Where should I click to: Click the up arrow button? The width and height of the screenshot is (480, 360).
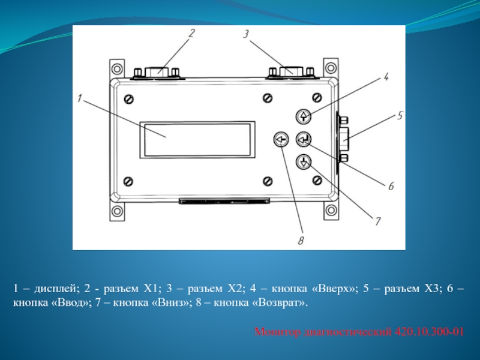click(304, 116)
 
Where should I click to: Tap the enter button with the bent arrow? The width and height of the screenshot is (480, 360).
click(304, 139)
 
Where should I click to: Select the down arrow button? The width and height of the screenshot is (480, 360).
click(304, 162)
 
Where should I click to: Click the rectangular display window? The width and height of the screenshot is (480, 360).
click(197, 140)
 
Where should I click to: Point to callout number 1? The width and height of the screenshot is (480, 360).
click(80, 98)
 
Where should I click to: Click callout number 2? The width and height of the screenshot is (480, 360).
click(191, 33)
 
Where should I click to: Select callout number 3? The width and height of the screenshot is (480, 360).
click(246, 34)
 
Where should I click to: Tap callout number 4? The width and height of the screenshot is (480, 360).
click(386, 77)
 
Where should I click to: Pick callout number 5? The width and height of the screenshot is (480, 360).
click(400, 116)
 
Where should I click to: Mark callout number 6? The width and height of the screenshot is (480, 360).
click(391, 186)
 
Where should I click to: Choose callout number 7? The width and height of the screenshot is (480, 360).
click(377, 221)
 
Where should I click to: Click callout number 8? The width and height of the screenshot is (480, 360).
click(301, 241)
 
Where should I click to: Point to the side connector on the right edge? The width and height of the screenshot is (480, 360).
click(342, 139)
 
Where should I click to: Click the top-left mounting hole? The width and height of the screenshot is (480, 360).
click(117, 68)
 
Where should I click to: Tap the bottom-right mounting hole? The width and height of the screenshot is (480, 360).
click(331, 211)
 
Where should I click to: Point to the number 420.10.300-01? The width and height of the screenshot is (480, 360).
click(429, 332)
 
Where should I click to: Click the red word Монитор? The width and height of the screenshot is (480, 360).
click(278, 332)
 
